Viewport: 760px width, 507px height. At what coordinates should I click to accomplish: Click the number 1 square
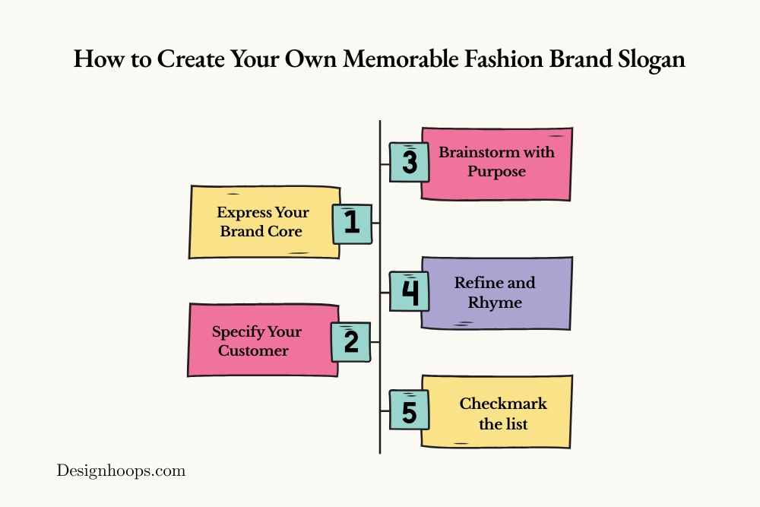click(353, 224)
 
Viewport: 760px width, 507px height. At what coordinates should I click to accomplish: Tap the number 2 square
click(351, 342)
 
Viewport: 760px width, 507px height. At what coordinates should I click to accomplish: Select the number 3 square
click(409, 163)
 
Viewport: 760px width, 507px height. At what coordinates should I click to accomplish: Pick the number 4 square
click(409, 291)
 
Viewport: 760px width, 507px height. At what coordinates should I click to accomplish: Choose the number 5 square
click(409, 410)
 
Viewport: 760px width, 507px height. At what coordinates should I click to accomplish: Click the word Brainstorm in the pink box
click(480, 152)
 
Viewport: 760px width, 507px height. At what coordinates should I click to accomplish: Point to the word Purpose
click(496, 172)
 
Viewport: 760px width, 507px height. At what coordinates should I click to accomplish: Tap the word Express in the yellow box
click(244, 213)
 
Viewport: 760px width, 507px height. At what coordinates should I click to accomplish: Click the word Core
click(285, 231)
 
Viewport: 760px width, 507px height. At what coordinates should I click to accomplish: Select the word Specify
click(238, 332)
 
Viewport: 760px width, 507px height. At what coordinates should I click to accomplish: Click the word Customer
click(253, 350)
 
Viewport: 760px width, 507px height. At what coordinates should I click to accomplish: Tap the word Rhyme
click(495, 303)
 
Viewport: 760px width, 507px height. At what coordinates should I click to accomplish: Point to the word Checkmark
click(503, 404)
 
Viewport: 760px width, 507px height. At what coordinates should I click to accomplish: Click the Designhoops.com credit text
click(121, 471)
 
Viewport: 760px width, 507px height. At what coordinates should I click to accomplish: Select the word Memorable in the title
click(401, 59)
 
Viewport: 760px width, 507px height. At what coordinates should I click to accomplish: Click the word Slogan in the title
click(651, 60)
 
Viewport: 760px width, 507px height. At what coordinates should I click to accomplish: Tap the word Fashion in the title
click(504, 59)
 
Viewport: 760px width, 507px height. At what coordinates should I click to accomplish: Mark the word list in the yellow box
click(516, 424)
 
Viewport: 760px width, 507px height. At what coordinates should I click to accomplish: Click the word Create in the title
click(191, 59)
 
